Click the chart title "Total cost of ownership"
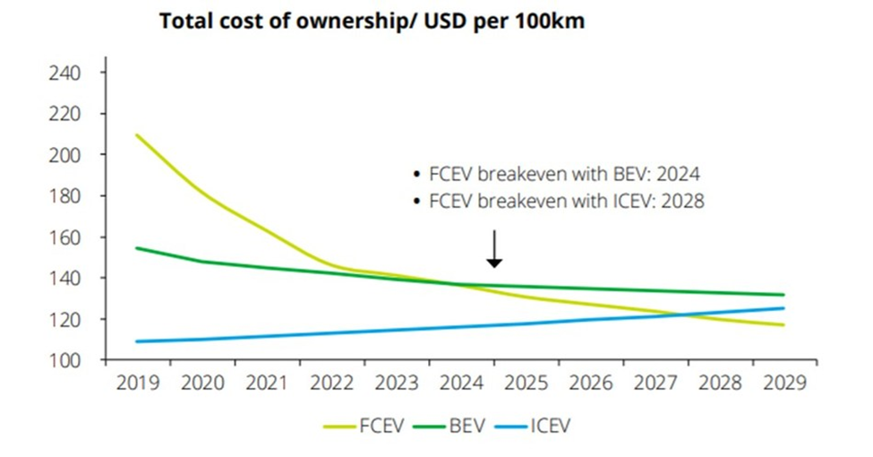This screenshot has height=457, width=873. point(372,22)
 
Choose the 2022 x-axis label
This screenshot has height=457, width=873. point(331,383)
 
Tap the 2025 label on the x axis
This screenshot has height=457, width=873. point(526,383)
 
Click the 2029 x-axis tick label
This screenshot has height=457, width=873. point(784,383)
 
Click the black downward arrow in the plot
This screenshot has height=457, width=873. point(494,250)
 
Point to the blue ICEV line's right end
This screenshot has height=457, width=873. point(783,308)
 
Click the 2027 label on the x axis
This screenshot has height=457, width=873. point(655,383)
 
